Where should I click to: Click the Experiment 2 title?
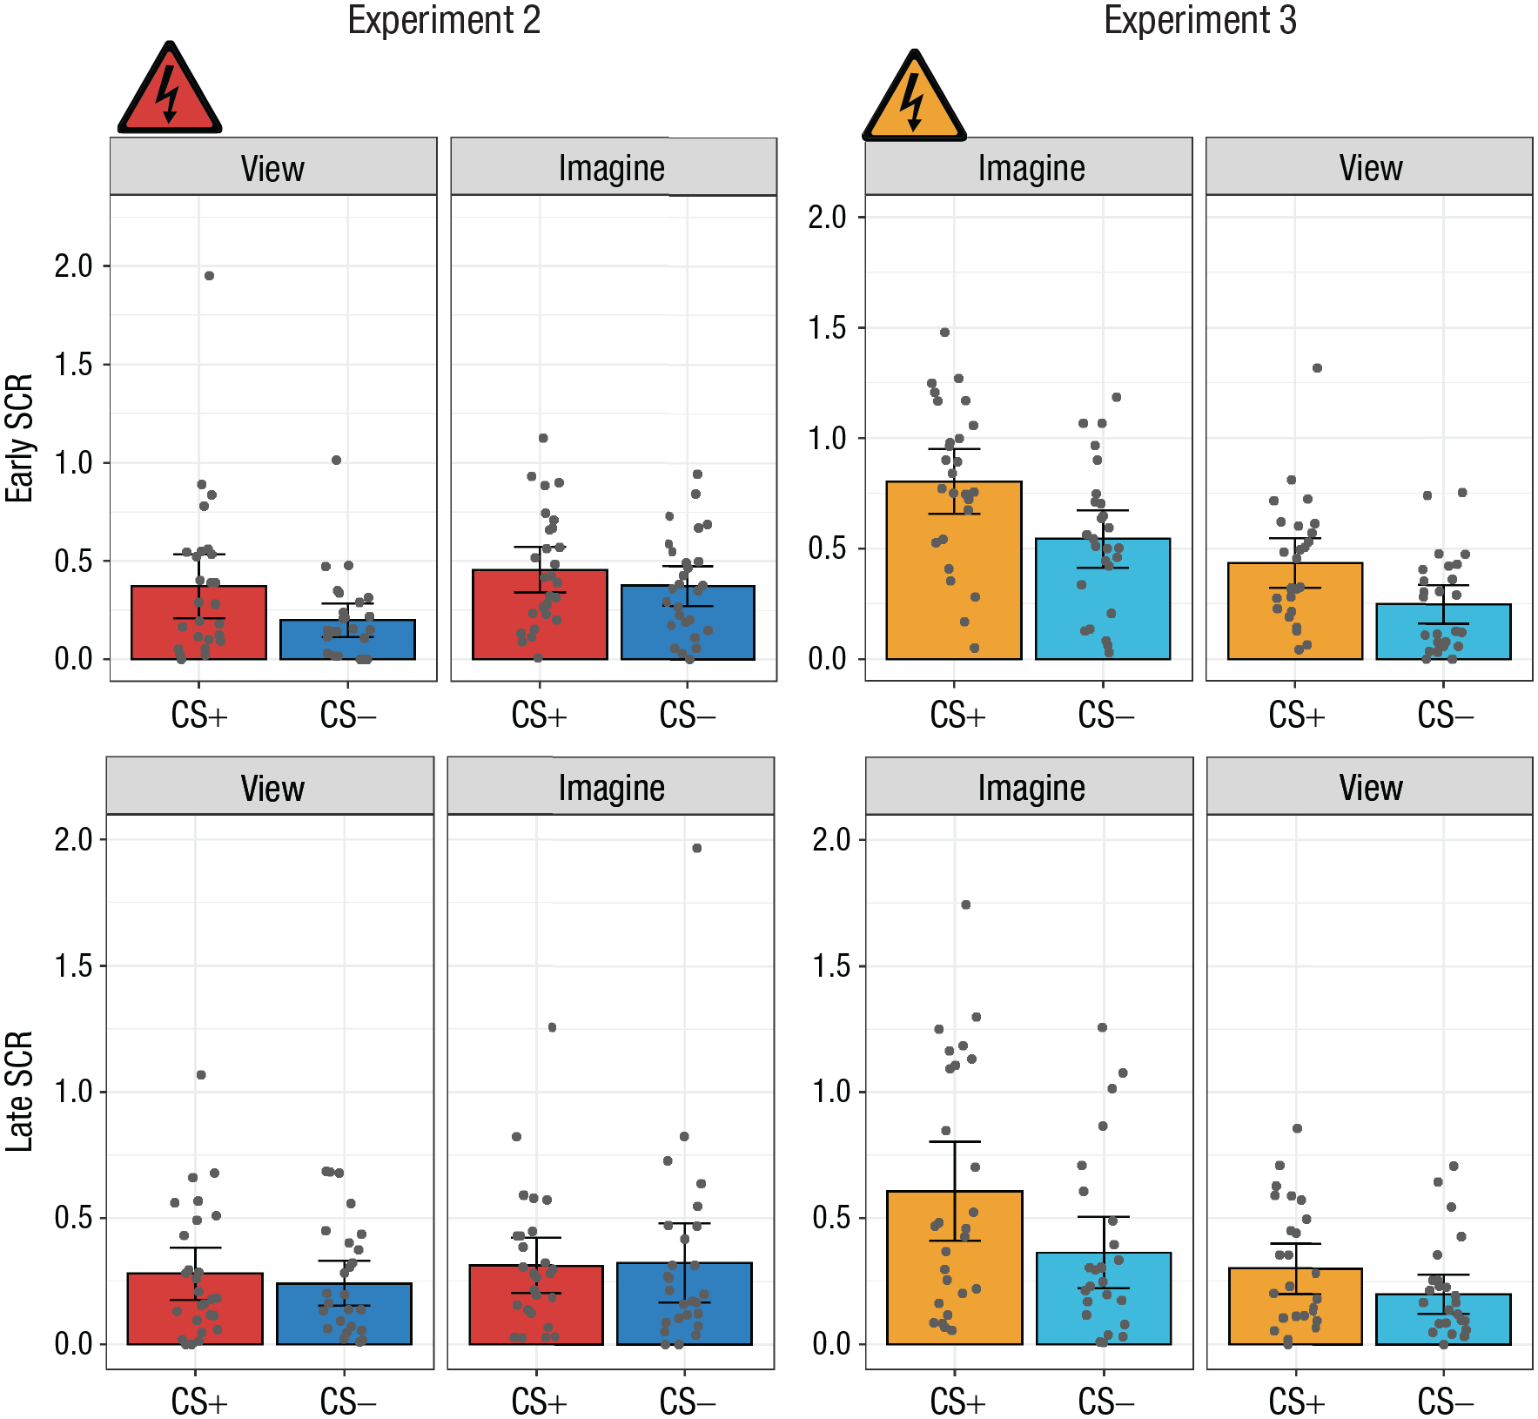pos(444,20)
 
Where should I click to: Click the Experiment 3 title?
pos(1200,20)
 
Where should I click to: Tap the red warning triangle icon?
pos(170,88)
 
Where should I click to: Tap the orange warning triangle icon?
pos(914,96)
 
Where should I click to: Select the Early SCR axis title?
pos(19,438)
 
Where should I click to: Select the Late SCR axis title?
pos(19,1091)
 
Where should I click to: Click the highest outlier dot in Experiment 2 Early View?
pos(209,276)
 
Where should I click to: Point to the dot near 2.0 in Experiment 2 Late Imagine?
pos(696,848)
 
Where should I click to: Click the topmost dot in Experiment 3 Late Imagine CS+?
pos(966,905)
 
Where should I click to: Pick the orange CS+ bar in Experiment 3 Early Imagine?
pos(954,570)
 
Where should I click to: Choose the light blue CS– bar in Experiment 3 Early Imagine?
pos(1103,599)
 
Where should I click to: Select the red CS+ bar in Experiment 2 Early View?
pos(198,622)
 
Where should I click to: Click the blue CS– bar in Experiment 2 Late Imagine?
pos(684,1303)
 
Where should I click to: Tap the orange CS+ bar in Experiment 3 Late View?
pos(1295,1306)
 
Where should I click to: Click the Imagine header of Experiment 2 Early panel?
pos(612,167)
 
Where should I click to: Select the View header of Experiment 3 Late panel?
pos(1371,787)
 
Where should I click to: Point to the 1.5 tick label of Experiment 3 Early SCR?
pos(827,328)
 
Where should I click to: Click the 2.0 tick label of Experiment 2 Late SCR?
pos(74,839)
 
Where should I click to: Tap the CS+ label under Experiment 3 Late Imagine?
pos(957,1402)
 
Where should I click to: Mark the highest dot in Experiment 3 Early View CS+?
pos(1318,368)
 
